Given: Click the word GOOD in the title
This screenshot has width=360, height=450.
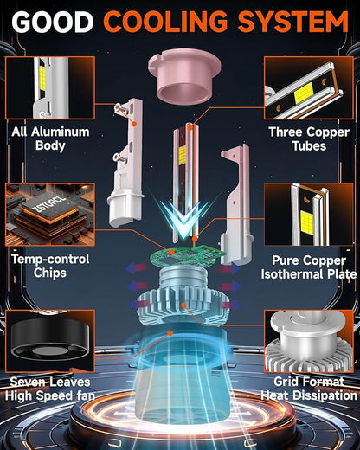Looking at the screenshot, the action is click(52, 22).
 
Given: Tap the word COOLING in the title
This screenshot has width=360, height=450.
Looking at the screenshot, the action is click(165, 22).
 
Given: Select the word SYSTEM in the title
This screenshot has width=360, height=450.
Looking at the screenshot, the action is click(293, 22).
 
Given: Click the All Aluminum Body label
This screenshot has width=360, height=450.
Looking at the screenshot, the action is click(50, 138).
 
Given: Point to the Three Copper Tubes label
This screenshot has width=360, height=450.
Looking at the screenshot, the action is click(309, 138).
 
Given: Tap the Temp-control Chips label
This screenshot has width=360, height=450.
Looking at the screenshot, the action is click(50, 266).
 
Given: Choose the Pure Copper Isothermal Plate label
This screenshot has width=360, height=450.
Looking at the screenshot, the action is click(309, 267).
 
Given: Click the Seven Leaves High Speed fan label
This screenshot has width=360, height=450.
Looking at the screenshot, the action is click(50, 389).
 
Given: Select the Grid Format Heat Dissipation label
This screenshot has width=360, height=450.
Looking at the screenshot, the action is click(309, 389).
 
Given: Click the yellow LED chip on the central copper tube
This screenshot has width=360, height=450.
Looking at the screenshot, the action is click(183, 156).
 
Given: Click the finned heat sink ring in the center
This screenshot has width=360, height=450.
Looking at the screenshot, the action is click(183, 307).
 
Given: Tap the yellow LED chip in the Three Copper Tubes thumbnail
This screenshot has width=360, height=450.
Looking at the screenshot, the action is click(304, 94).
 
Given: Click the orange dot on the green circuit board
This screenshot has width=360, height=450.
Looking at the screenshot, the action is click(172, 252).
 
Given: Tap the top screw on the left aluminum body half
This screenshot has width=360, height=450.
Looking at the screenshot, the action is click(119, 108).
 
